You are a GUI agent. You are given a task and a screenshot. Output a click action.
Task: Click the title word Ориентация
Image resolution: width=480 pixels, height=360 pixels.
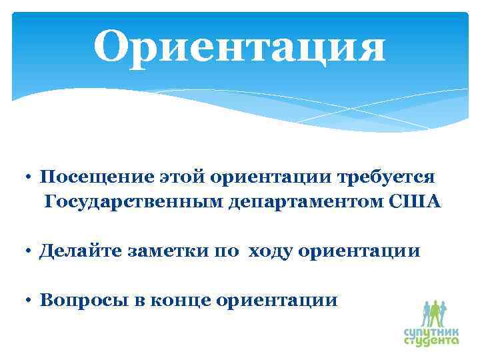239,48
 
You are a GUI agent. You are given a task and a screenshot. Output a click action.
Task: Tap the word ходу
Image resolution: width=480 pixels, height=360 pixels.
270,251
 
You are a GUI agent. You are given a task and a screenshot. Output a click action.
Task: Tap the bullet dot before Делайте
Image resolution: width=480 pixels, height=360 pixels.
31,252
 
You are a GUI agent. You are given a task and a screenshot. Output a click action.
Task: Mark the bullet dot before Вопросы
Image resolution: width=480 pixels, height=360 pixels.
31,301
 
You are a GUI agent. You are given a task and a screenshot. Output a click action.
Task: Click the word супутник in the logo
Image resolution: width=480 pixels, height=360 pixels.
431,330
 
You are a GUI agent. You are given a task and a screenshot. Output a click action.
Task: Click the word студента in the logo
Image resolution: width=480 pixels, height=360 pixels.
431,340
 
